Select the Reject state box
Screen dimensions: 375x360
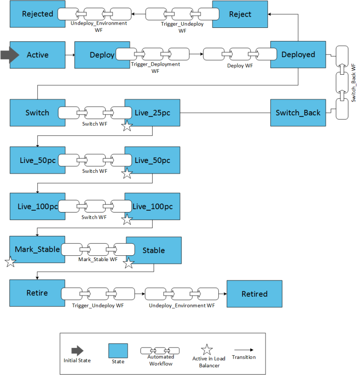240,14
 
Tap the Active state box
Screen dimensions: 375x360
37,55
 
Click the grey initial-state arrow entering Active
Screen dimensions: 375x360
9,54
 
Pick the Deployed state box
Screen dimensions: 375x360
298,55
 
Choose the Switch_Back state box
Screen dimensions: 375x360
298,113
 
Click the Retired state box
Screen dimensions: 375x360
254,294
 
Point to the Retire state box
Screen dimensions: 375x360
34,293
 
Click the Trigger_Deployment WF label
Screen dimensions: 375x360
155,68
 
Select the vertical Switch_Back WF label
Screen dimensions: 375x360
354,83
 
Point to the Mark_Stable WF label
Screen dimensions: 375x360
98,259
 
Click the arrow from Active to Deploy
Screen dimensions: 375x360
69,55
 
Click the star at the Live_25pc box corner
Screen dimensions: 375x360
127,127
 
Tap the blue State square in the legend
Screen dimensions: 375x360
118,350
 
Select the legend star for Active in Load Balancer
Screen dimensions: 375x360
207,349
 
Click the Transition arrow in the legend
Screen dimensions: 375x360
243,349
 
